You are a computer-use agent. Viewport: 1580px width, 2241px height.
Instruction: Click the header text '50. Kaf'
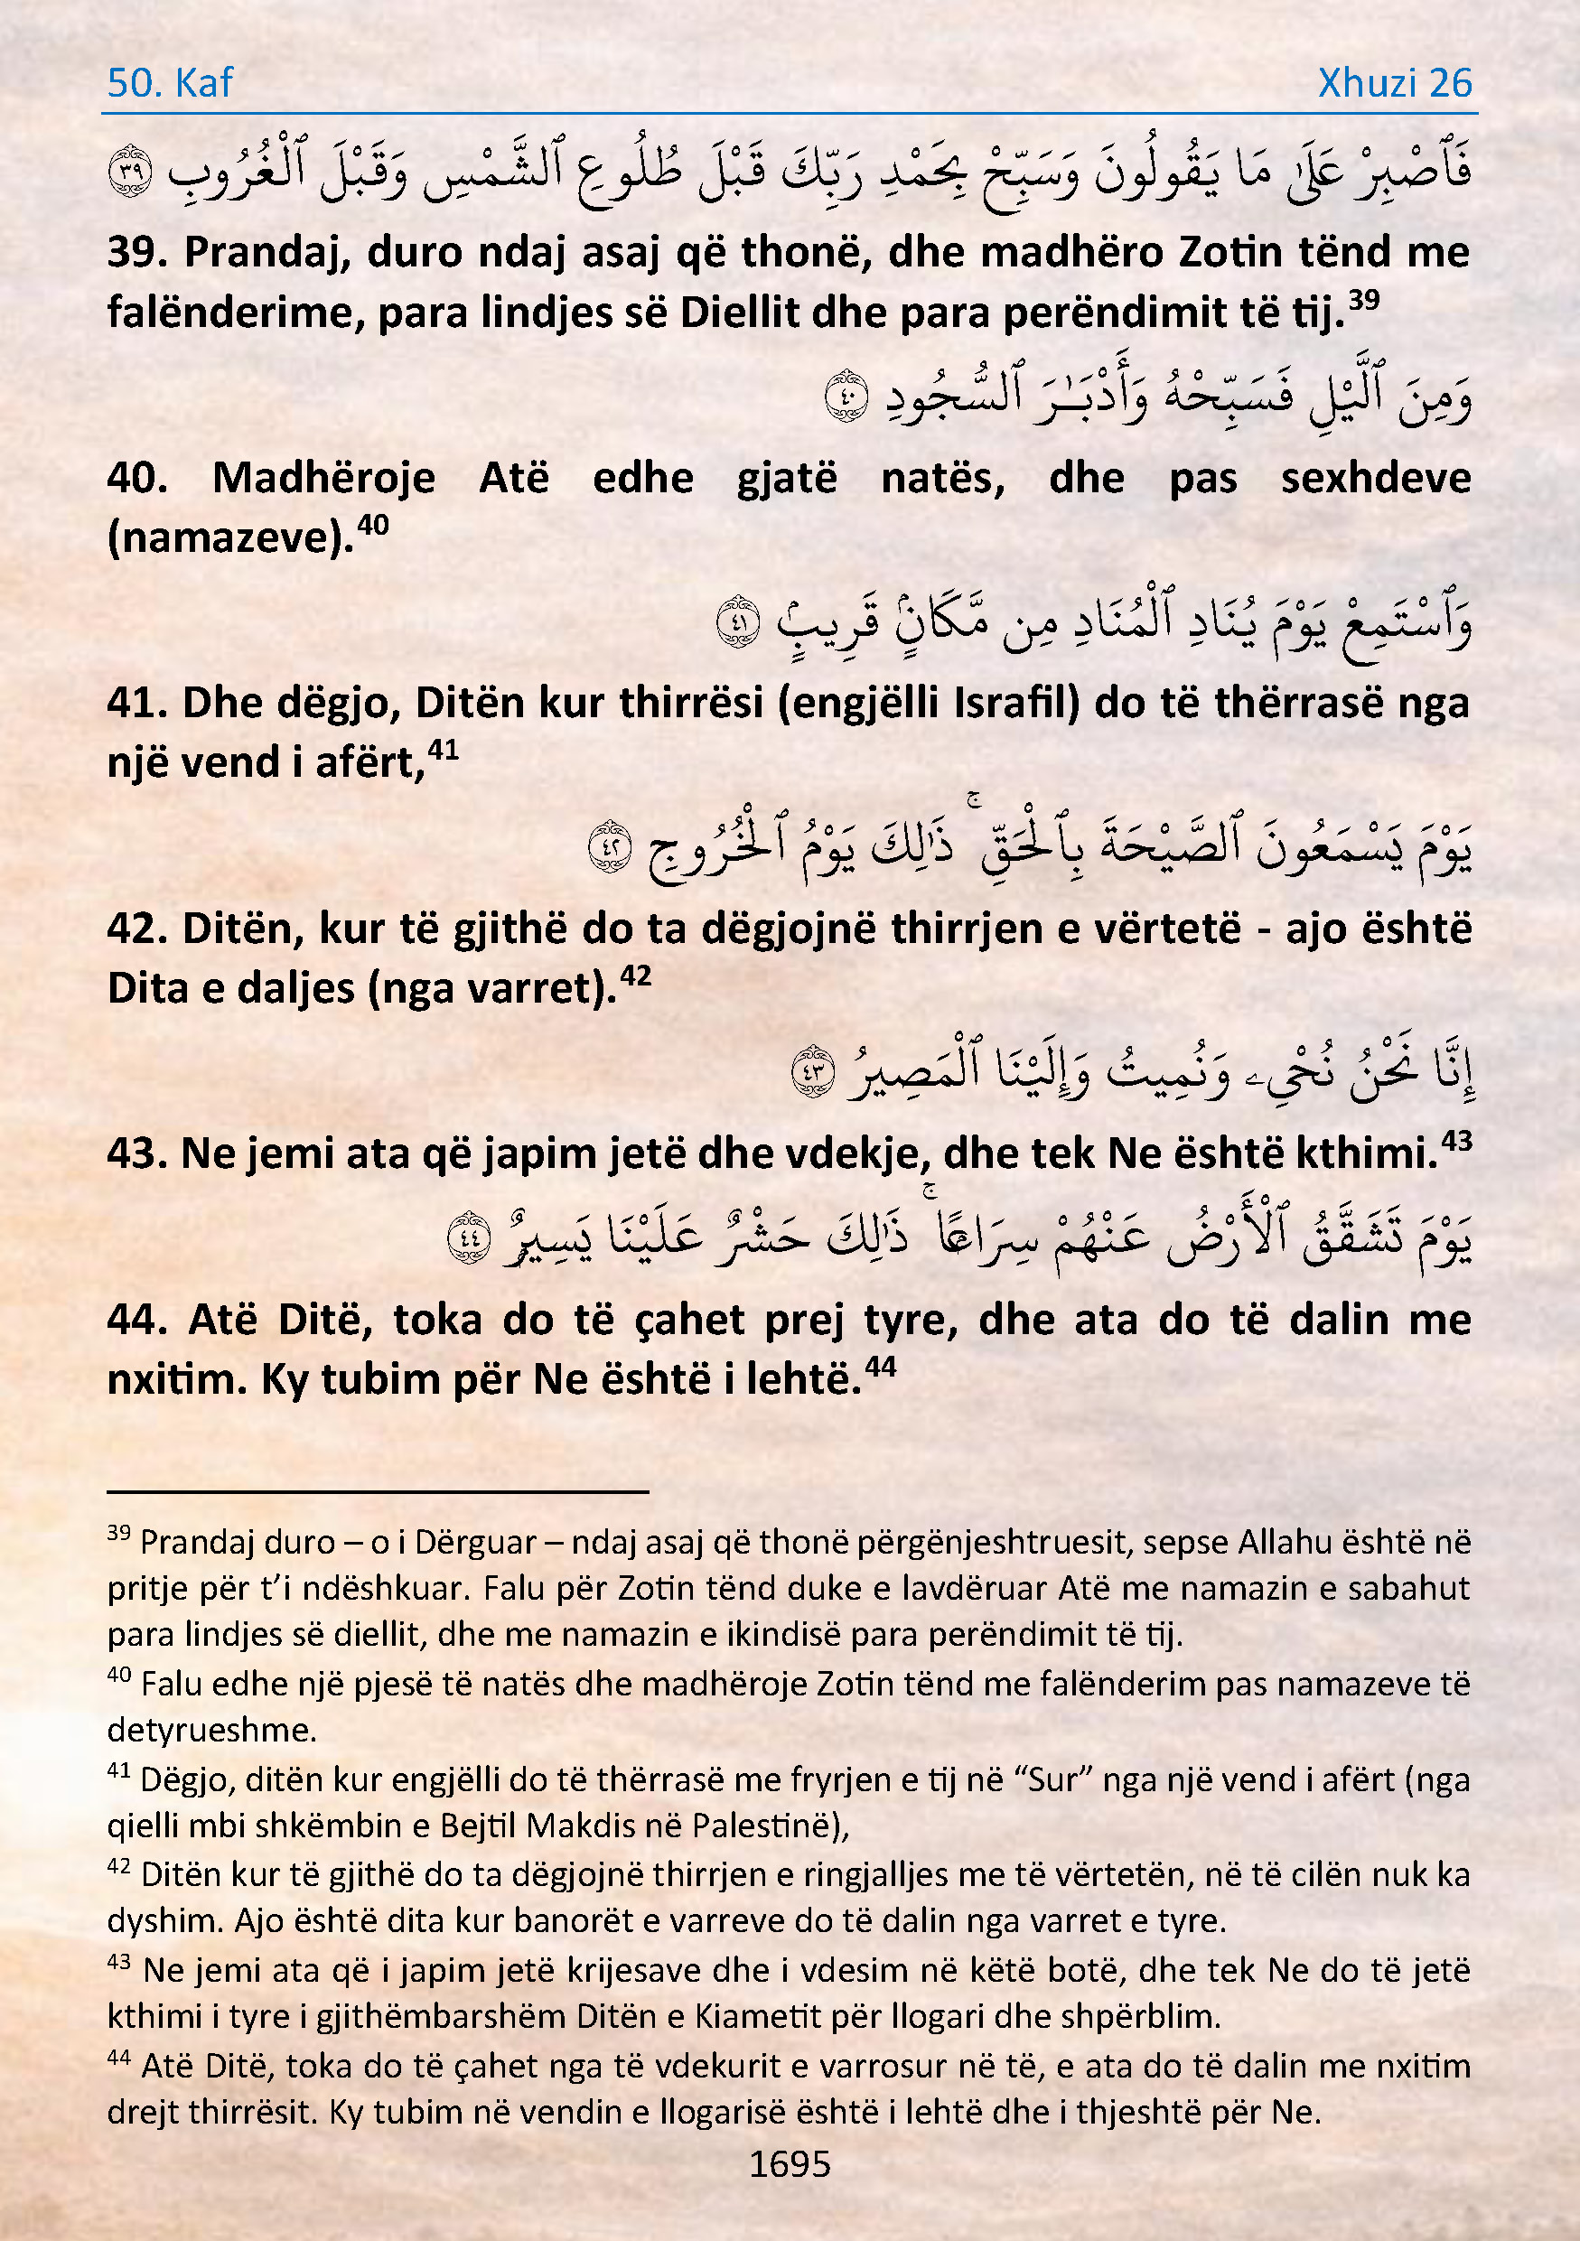170,83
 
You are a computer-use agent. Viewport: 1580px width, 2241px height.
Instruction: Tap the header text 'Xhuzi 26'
1394,83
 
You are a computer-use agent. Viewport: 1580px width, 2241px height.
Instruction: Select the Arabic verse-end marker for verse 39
130,172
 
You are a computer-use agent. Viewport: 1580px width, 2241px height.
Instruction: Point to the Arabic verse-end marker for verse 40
846,397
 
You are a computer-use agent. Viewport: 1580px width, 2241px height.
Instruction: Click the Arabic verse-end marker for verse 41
738,621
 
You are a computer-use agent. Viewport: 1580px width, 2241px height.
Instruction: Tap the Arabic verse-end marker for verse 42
610,846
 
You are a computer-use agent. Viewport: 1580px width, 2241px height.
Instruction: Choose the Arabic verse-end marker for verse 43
813,1070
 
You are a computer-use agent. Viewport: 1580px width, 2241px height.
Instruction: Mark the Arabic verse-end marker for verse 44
469,1237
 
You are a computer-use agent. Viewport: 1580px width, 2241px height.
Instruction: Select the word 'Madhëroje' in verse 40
324,478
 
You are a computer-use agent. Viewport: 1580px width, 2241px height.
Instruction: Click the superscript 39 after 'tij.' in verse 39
1364,300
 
